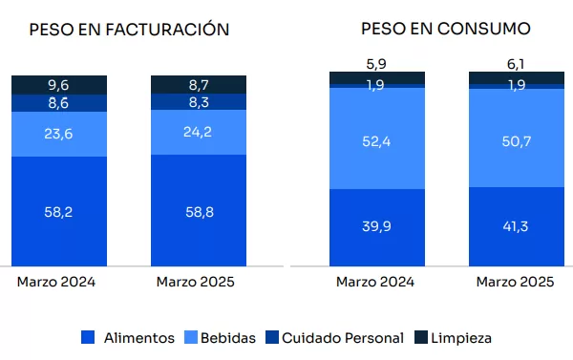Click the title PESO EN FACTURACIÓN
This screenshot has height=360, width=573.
click(x=129, y=30)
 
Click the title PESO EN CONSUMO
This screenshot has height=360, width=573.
click(x=446, y=29)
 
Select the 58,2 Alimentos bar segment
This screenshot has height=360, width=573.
click(x=59, y=211)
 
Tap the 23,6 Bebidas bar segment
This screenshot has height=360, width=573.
click(x=59, y=134)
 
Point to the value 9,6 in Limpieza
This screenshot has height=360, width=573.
click(x=58, y=85)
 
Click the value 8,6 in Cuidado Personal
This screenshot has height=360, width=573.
click(x=58, y=103)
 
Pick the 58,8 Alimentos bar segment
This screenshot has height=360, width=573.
click(x=199, y=210)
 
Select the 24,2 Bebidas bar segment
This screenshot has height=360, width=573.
click(x=199, y=133)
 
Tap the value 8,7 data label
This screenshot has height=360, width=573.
click(x=199, y=85)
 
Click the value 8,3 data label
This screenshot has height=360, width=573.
click(x=199, y=102)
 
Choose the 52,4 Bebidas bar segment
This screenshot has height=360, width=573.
click(x=377, y=138)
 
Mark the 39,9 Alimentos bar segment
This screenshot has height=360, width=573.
click(x=377, y=227)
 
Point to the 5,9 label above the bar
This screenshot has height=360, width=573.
click(x=376, y=64)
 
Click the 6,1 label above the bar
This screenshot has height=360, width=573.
click(x=516, y=64)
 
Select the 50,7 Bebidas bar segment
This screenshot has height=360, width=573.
click(x=517, y=138)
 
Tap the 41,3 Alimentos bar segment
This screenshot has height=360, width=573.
click(x=517, y=226)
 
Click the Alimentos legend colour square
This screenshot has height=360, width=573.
click(x=88, y=337)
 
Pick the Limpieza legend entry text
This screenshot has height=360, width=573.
click(x=461, y=338)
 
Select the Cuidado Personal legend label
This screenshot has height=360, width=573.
click(x=343, y=338)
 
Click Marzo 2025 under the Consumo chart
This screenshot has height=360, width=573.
click(x=516, y=282)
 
